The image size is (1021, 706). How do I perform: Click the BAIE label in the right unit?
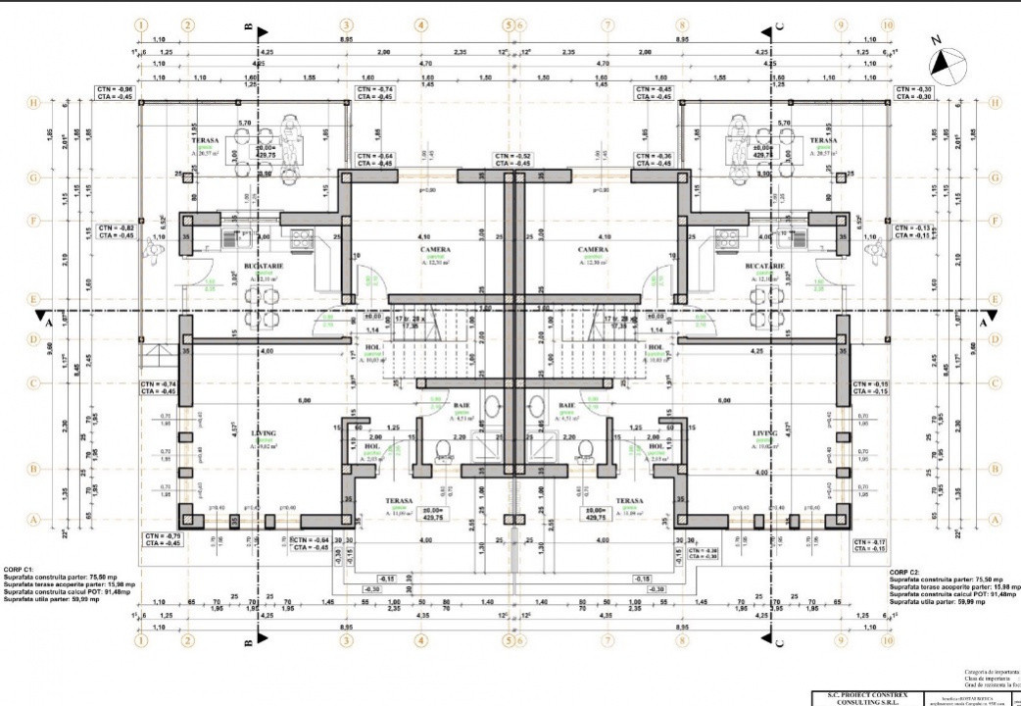tap(566, 405)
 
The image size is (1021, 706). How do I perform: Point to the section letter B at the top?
tap(249, 26)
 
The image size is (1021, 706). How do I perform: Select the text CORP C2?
tap(906, 572)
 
